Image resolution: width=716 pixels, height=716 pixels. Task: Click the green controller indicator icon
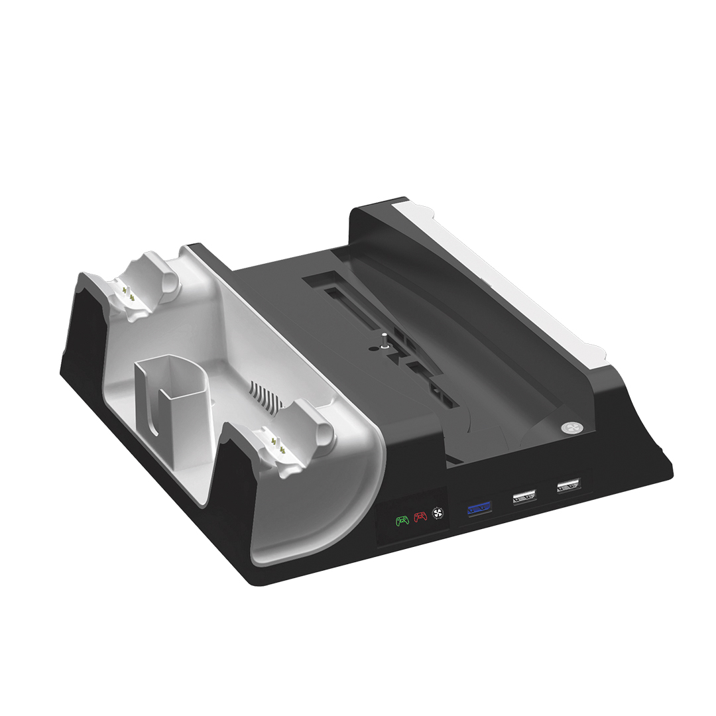point(402,520)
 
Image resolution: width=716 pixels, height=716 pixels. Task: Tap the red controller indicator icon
point(420,517)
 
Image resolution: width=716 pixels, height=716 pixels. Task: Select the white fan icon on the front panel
point(436,514)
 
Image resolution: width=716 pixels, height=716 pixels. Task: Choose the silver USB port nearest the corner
point(569,485)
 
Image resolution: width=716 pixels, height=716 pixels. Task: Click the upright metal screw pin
point(384,339)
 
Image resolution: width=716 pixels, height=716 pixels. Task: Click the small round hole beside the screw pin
point(372,347)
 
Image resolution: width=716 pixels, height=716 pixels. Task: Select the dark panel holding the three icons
point(414,518)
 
